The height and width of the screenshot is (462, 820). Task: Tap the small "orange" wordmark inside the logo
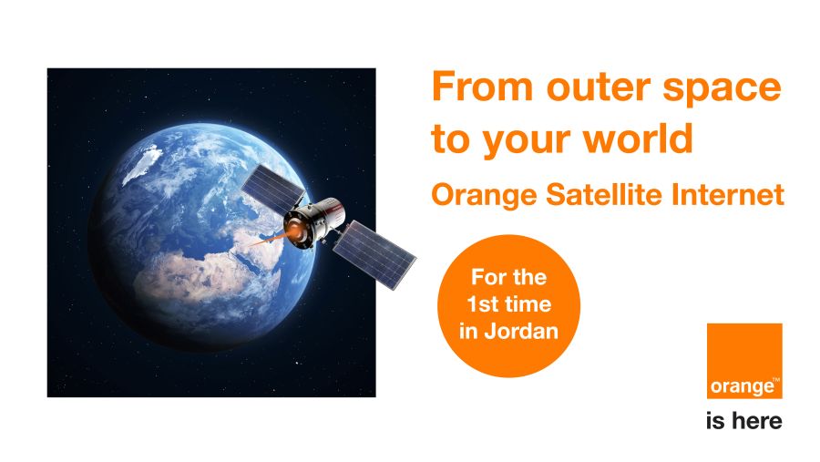point(742,386)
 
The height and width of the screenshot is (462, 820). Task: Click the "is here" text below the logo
point(743,421)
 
